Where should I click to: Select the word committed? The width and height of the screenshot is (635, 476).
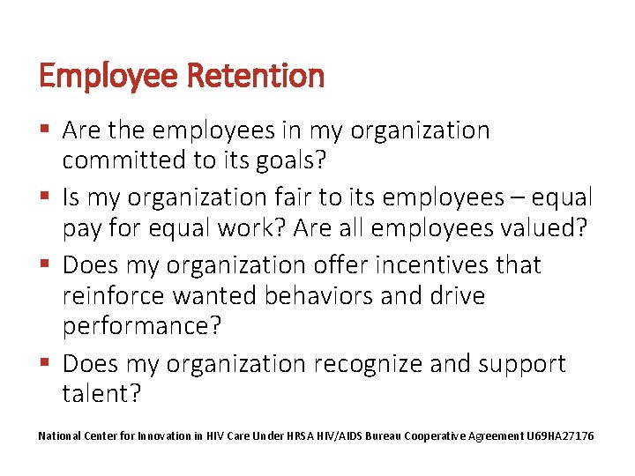click(123, 160)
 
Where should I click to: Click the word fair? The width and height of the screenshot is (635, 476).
click(264, 197)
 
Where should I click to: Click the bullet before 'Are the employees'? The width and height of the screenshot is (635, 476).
click(46, 130)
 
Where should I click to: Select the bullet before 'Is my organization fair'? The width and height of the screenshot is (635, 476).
click(46, 197)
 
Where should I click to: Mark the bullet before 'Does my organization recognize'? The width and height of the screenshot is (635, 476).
click(46, 362)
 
